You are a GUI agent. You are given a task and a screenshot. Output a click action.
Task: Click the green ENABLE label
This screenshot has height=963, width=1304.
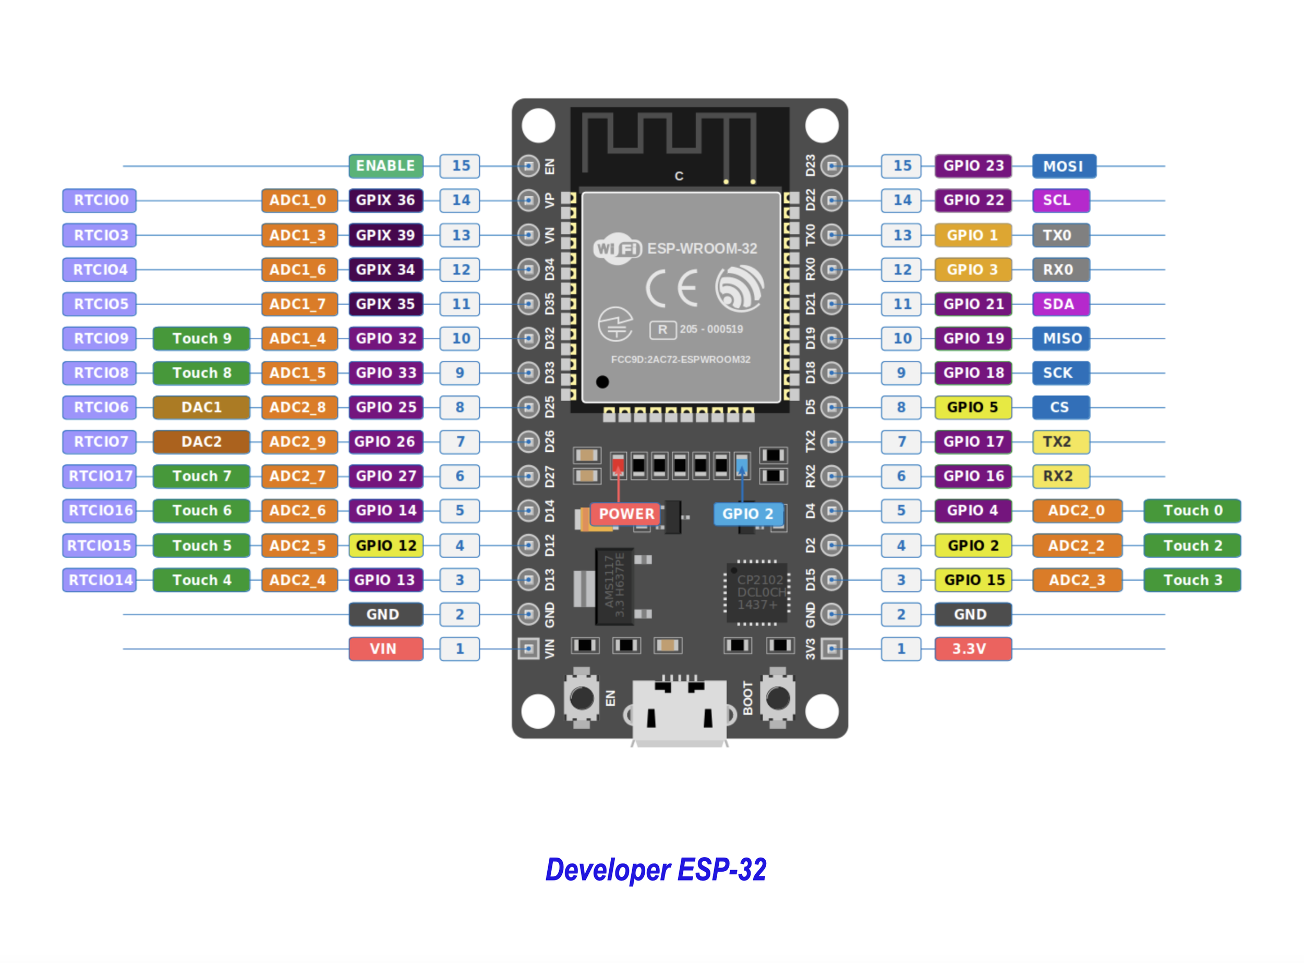point(385,166)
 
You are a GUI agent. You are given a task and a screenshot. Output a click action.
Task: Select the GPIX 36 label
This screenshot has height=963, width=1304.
point(385,200)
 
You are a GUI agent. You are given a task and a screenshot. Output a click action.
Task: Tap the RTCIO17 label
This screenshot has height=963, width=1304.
point(100,476)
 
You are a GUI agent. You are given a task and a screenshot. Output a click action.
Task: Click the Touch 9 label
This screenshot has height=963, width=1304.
point(202,339)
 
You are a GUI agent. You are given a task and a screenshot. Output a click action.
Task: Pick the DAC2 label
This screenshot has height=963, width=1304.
point(202,442)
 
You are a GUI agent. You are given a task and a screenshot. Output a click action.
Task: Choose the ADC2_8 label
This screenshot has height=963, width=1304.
point(298,407)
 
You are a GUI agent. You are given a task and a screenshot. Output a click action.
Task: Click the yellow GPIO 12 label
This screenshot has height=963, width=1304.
point(385,546)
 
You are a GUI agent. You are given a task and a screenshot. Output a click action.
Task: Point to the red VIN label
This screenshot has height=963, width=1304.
point(385,649)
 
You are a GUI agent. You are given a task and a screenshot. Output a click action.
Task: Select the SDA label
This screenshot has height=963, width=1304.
point(1060,304)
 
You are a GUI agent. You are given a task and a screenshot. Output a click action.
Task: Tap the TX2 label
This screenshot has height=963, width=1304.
point(1060,442)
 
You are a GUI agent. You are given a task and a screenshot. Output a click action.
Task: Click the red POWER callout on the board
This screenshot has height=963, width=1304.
point(625,514)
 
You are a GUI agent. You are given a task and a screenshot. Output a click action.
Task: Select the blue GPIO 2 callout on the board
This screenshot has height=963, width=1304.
point(747,514)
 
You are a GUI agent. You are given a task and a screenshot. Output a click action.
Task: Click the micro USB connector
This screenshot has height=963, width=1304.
point(679,711)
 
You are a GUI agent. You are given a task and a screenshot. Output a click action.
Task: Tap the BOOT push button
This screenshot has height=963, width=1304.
point(778,698)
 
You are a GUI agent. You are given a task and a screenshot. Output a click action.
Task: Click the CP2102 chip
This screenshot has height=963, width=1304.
point(758,592)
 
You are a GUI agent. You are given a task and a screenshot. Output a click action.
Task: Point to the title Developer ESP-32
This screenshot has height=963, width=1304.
point(655,870)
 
